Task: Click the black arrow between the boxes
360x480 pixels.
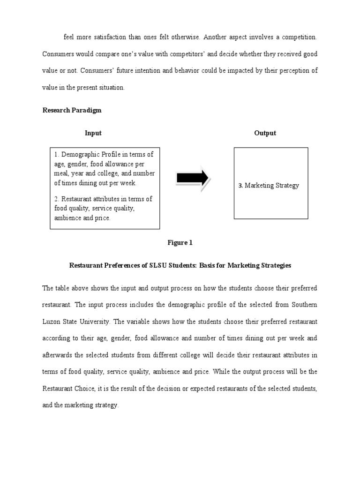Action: click(193, 178)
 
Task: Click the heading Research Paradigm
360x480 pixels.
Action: click(72, 110)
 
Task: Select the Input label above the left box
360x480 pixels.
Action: click(93, 133)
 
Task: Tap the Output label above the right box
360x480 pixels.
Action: click(265, 133)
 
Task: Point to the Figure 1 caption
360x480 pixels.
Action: click(180, 243)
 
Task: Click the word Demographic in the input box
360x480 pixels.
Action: click(80, 154)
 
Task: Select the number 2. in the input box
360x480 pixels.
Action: click(57, 199)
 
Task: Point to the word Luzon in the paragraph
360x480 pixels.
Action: click(51, 322)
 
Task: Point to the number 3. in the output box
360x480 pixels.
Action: click(240, 185)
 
